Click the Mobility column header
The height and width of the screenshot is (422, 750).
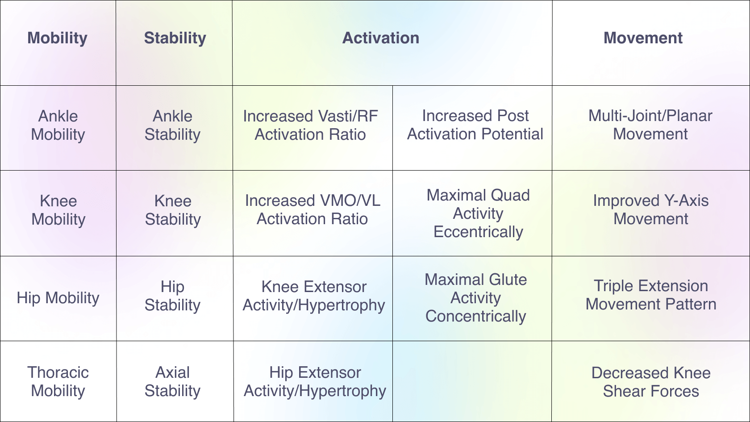tap(57, 38)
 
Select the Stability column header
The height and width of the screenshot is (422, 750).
tap(175, 38)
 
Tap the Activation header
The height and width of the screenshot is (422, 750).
tap(381, 38)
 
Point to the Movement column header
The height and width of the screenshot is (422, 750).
tap(643, 38)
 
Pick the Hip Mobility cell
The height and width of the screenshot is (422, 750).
tap(58, 298)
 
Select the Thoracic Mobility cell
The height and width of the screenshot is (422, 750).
tap(58, 381)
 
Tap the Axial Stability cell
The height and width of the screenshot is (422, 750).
tap(172, 381)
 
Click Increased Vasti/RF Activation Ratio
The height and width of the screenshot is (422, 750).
tap(310, 125)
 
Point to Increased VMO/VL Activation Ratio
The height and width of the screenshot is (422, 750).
tap(312, 210)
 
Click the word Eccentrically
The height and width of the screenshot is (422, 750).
tap(478, 232)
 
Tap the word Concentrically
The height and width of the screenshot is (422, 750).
tap(475, 316)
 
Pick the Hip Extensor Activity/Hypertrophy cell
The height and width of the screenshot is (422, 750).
tap(315, 381)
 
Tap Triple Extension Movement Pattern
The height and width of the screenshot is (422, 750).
tap(650, 295)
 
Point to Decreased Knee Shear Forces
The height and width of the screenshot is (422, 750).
tap(651, 382)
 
